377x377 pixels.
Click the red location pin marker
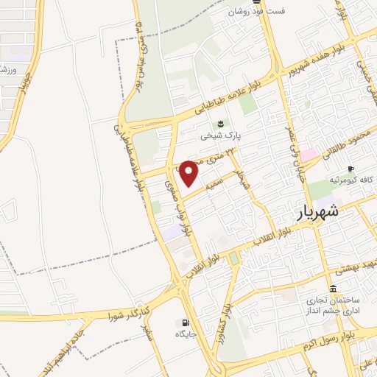[x=189, y=172]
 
